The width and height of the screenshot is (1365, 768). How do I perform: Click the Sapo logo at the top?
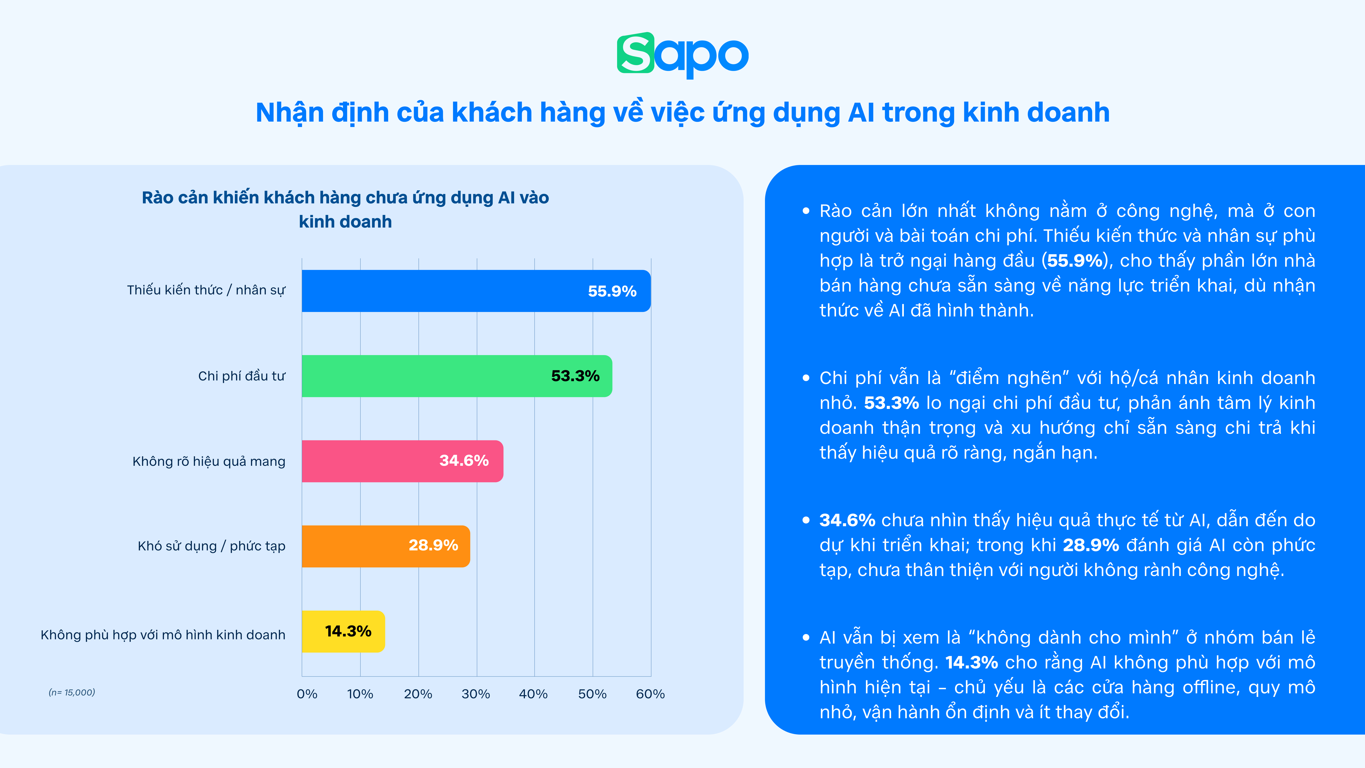(x=682, y=55)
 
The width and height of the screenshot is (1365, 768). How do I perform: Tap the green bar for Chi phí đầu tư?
(x=457, y=376)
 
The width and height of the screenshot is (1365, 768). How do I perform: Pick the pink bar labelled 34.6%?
(x=402, y=461)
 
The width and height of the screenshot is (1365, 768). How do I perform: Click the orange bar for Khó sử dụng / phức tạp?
(x=386, y=546)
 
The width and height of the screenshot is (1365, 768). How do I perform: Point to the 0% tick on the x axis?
(x=307, y=694)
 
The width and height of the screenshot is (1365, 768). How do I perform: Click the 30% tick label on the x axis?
(x=476, y=694)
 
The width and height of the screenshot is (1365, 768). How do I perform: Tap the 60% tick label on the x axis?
(x=650, y=694)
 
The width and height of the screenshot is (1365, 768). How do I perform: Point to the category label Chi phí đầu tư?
(x=242, y=376)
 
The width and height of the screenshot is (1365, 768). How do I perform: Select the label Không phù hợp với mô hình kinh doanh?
(x=163, y=635)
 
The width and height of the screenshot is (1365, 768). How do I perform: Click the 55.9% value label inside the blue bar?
(x=612, y=291)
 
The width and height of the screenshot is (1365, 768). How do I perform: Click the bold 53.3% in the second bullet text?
(x=891, y=403)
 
